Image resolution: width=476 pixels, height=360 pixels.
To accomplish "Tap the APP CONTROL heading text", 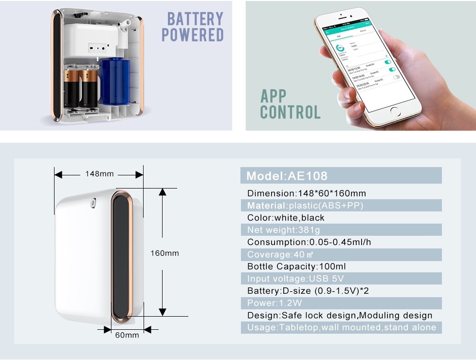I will point(290,104).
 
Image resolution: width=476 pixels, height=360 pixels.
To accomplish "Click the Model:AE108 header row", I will point(341,176).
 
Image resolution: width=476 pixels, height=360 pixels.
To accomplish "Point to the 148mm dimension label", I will point(99,174).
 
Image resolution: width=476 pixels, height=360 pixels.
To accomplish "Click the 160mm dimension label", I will point(165,253).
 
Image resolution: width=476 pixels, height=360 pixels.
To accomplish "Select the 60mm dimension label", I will point(127,335).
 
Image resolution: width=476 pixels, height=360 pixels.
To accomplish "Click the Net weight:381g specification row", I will point(341,230).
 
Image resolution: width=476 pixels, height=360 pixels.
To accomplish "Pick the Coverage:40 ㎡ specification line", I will point(341,254).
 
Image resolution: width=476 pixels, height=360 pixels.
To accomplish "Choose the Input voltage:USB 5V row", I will point(341,279).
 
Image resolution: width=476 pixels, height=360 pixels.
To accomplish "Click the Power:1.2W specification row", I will point(341,303).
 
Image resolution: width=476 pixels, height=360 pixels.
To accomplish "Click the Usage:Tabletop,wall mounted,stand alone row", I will point(341,327).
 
